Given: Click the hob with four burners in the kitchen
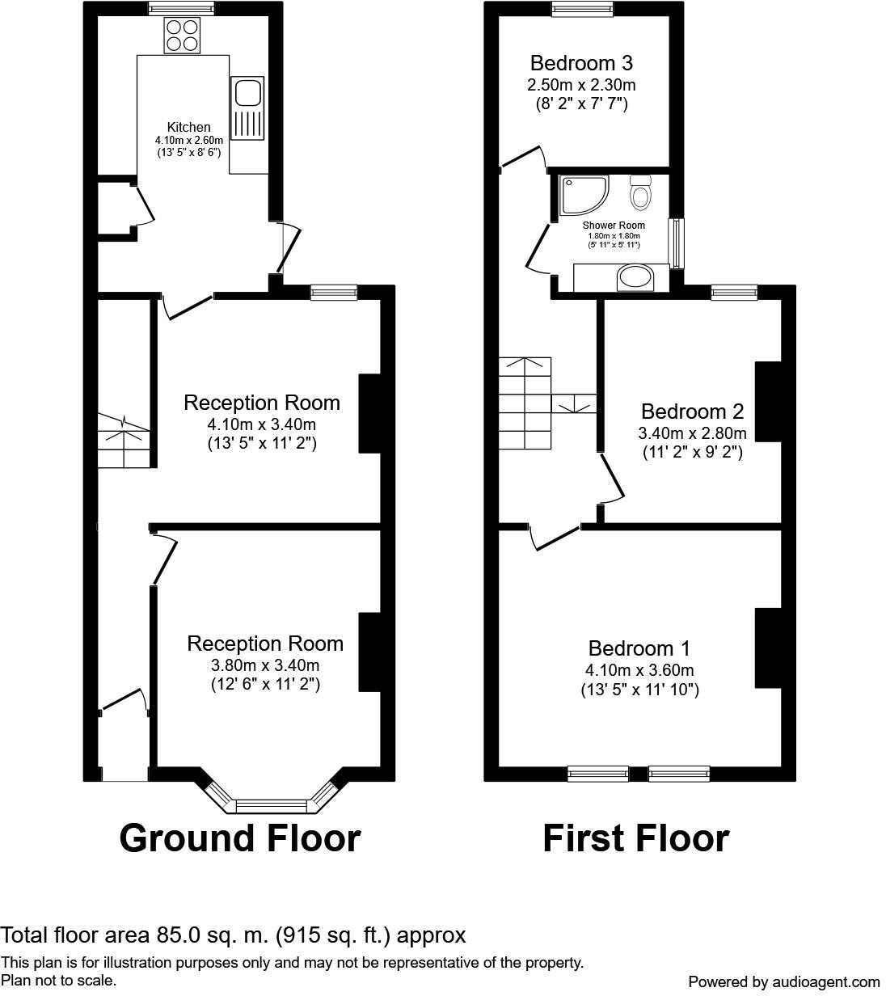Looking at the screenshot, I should pos(181,36).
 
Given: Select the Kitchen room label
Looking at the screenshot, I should pos(188,127).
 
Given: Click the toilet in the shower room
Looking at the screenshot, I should pos(642,192).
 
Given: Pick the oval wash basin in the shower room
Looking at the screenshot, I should pos(632,279).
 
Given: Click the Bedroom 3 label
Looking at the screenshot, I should pos(581,63).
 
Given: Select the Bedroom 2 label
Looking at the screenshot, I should pos(692,411).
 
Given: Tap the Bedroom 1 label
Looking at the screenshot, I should pos(639,648).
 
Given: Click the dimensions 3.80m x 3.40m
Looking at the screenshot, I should pos(265,665).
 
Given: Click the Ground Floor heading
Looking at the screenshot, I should pos(239,838).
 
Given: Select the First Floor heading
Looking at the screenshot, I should pos(635,838).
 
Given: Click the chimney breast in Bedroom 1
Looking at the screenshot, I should pos(767,647).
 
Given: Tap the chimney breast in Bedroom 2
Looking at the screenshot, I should pos(767,402).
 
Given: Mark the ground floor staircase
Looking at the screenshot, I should pos(124,440).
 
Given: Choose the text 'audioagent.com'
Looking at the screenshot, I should pos(825,982).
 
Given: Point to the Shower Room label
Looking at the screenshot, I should pos(614,226).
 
